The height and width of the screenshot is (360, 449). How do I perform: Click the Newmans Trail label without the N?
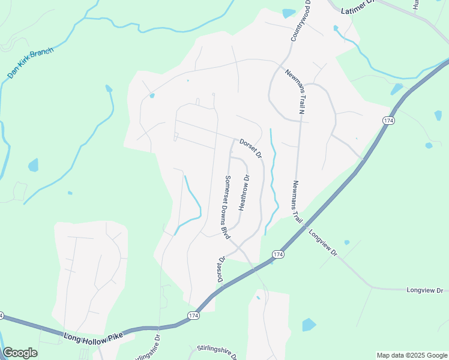[297, 202]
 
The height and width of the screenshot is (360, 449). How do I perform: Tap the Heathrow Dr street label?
[244, 192]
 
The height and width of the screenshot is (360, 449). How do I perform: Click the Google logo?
[20, 353]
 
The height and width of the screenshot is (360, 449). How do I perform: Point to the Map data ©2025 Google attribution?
[411, 355]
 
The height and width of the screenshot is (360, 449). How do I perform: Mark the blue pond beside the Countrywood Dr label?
[289, 13]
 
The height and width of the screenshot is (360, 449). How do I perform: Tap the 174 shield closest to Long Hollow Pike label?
[193, 316]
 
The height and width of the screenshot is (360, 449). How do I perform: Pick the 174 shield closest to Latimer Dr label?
[388, 121]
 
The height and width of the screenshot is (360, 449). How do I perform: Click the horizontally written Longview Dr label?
[424, 290]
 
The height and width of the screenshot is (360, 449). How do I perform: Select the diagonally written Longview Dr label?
[324, 243]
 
